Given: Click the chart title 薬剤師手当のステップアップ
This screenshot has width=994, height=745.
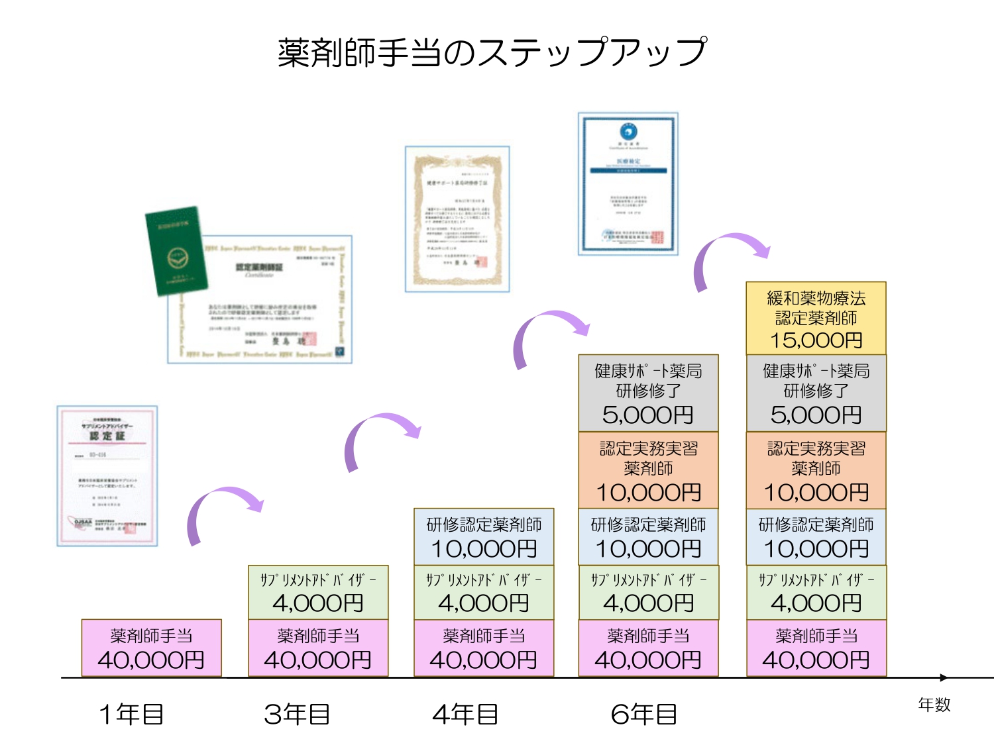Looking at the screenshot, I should pyautogui.click(x=492, y=52).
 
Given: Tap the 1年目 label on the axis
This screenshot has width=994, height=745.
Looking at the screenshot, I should pyautogui.click(x=131, y=714).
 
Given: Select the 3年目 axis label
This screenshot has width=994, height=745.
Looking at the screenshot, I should pyautogui.click(x=297, y=714).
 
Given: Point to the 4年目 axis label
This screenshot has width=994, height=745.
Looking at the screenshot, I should pyautogui.click(x=465, y=714).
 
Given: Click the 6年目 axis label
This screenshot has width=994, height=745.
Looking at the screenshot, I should pyautogui.click(x=643, y=714).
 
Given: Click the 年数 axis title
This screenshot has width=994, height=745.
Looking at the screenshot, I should pyautogui.click(x=934, y=705).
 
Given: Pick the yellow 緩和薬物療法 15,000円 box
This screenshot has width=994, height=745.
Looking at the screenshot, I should pyautogui.click(x=816, y=319).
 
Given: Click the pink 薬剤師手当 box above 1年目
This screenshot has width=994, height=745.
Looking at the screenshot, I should pyautogui.click(x=151, y=648).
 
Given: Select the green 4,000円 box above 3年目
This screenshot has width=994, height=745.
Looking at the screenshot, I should pyautogui.click(x=318, y=593).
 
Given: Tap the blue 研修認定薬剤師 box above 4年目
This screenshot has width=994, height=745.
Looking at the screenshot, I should pyautogui.click(x=484, y=537).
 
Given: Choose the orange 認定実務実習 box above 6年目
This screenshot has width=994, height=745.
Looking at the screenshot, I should pyautogui.click(x=648, y=470).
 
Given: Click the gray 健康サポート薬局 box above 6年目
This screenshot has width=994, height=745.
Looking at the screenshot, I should pyautogui.click(x=648, y=393).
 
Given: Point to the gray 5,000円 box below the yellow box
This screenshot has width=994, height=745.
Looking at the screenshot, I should pyautogui.click(x=816, y=393).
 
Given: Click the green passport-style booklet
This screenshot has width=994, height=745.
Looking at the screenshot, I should pyautogui.click(x=176, y=250).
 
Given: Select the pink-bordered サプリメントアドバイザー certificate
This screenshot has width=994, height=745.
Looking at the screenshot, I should pyautogui.click(x=107, y=475).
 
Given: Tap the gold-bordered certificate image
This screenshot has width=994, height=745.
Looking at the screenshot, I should pyautogui.click(x=457, y=219).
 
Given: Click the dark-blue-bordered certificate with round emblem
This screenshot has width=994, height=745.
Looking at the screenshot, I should pyautogui.click(x=628, y=183).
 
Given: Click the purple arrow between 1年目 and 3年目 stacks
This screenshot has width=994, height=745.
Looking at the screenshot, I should pyautogui.click(x=222, y=510).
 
